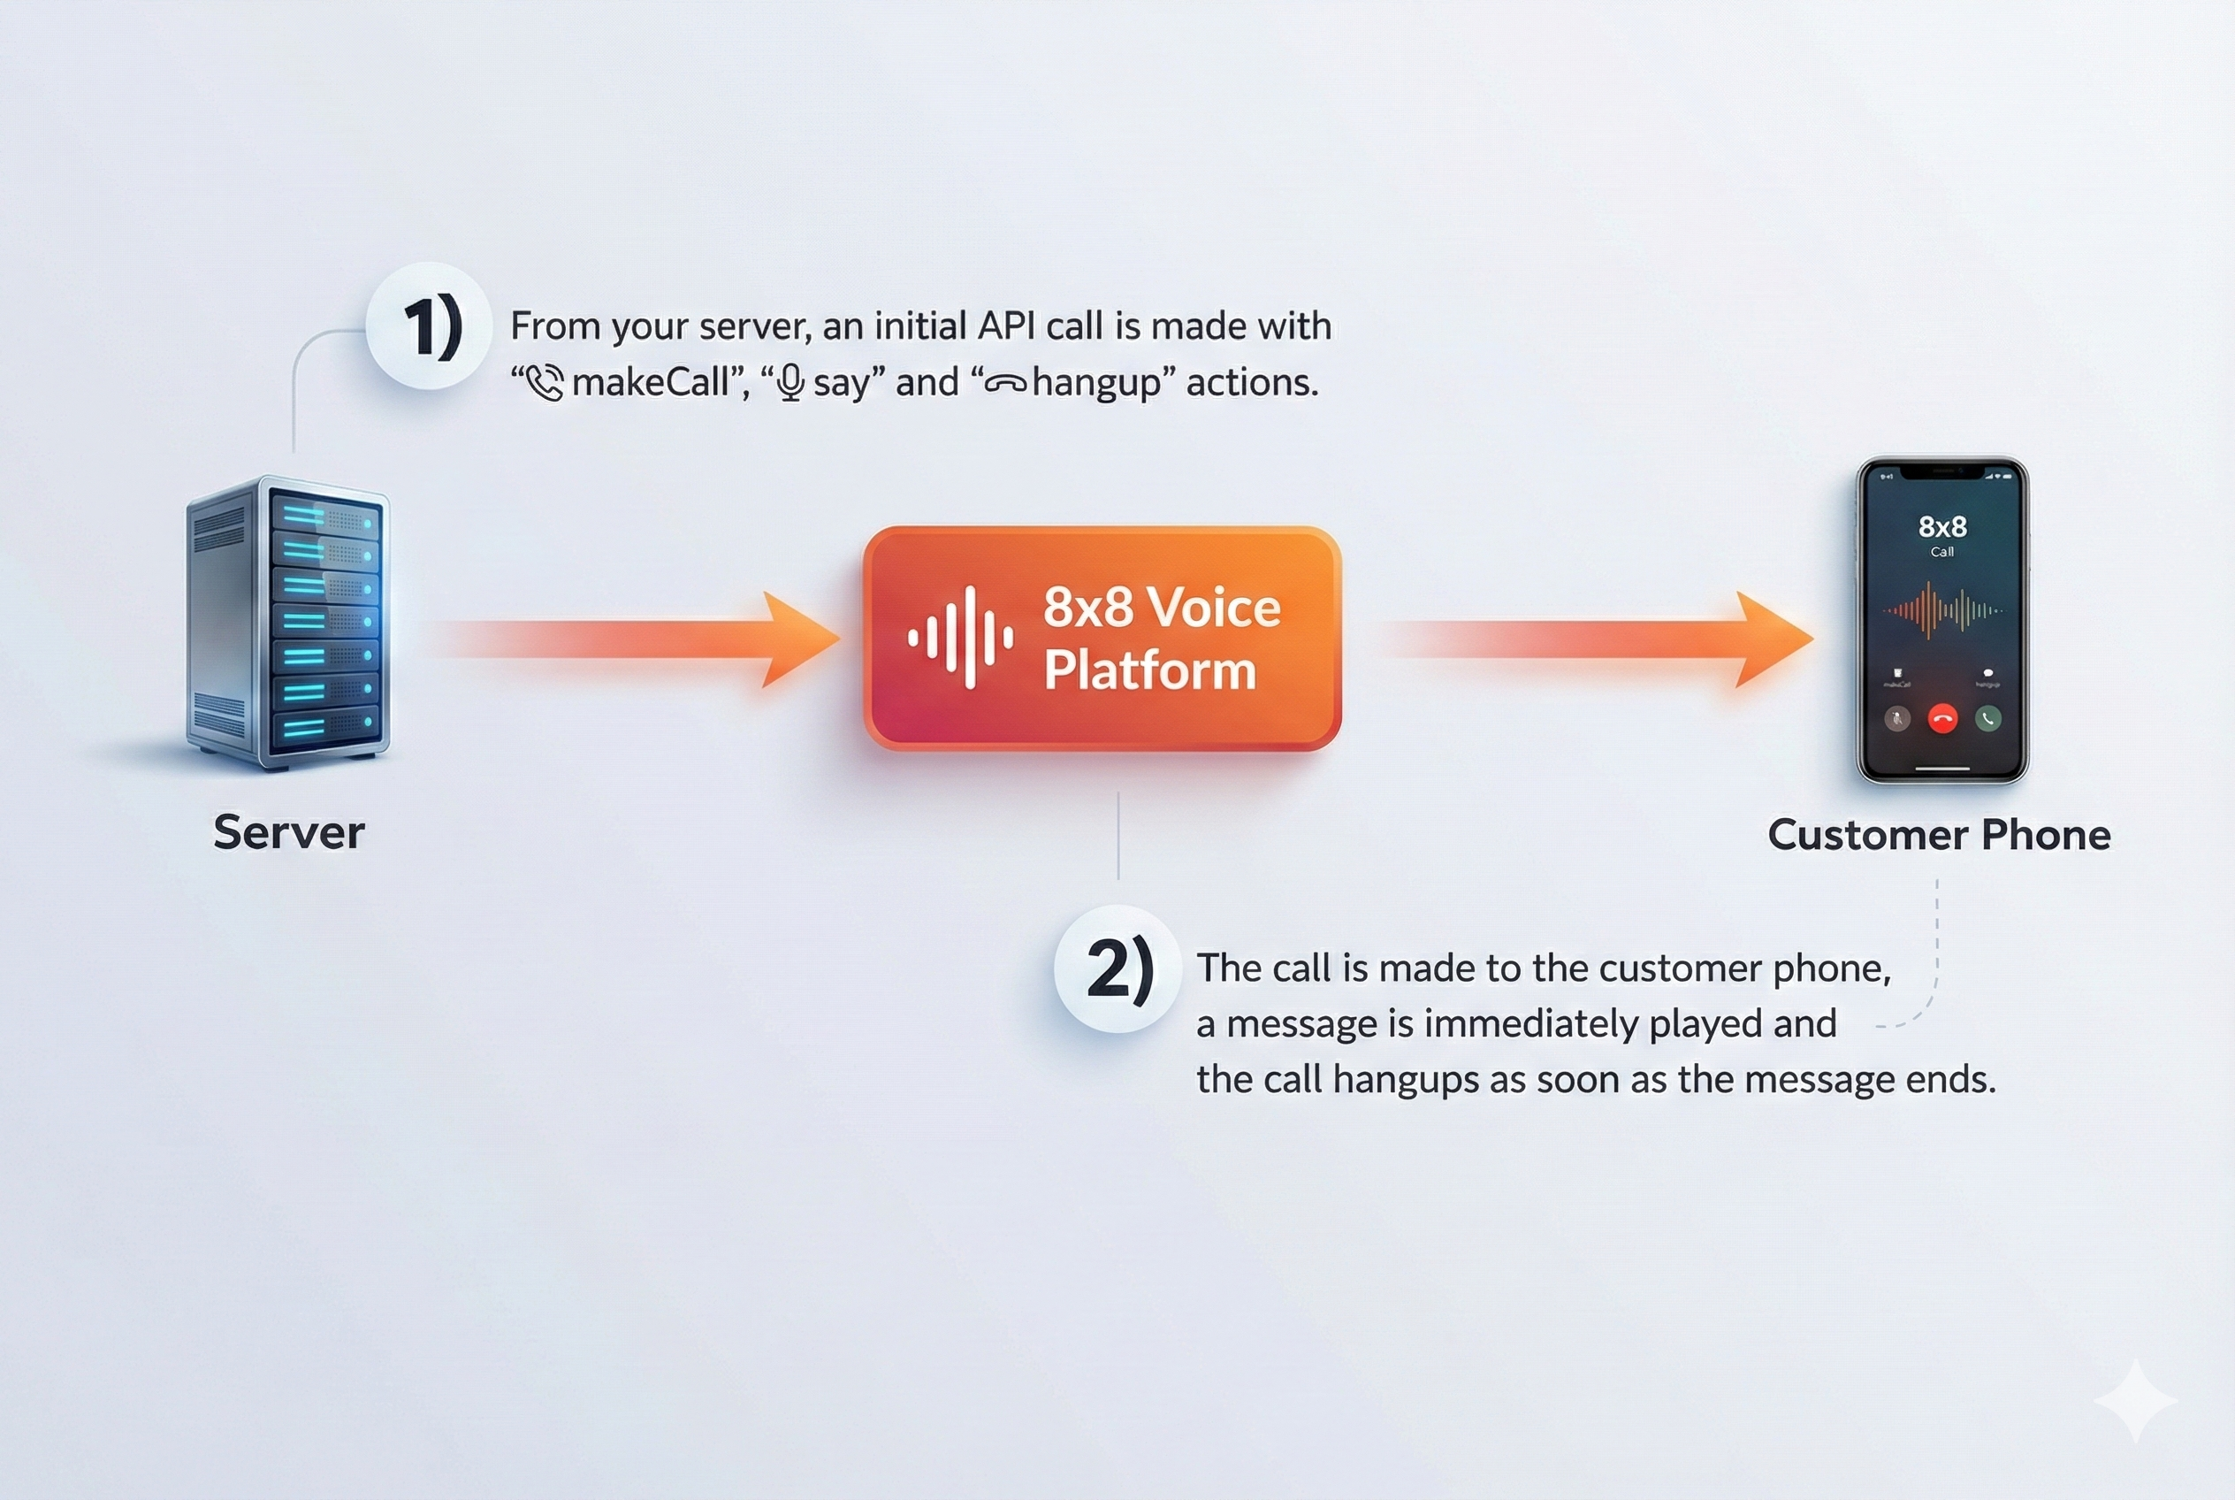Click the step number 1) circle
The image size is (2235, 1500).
[430, 326]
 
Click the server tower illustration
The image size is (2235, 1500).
[289, 623]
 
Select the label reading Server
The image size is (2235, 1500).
[289, 832]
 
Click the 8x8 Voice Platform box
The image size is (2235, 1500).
[1102, 638]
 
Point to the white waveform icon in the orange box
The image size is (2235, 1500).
[960, 638]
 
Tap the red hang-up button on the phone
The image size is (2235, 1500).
[1942, 718]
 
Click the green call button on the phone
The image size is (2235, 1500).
[1988, 718]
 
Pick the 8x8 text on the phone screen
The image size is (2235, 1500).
[1942, 527]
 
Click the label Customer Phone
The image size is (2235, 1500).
[1939, 835]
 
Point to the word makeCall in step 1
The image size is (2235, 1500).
[651, 383]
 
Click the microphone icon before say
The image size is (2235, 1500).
[790, 384]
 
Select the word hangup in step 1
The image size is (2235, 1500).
[1096, 383]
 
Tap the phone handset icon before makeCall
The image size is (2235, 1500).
[545, 384]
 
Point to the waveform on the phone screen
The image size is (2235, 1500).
[1942, 610]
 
